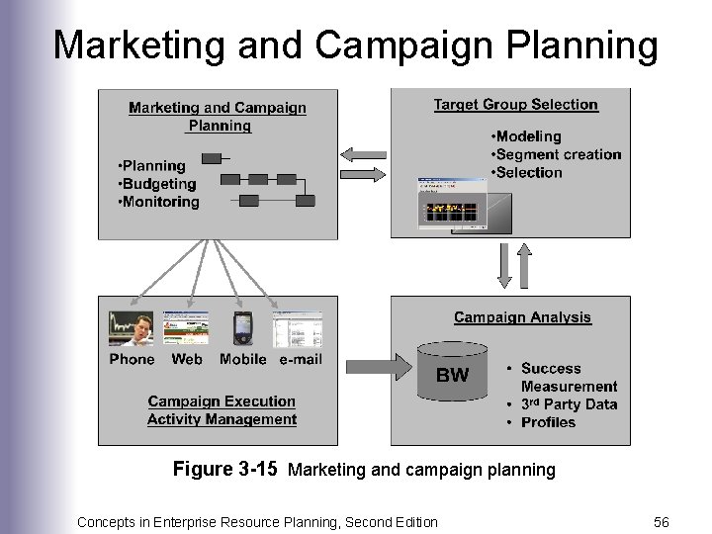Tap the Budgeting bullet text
(x=157, y=184)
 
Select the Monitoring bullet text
(x=158, y=202)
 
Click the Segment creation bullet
(x=556, y=154)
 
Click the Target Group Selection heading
(x=515, y=104)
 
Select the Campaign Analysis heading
(x=522, y=317)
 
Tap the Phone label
(x=132, y=359)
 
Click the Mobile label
(x=242, y=359)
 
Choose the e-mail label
(x=300, y=359)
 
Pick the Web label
(x=187, y=359)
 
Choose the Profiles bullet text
(x=547, y=421)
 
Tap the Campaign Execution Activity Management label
(x=222, y=410)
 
